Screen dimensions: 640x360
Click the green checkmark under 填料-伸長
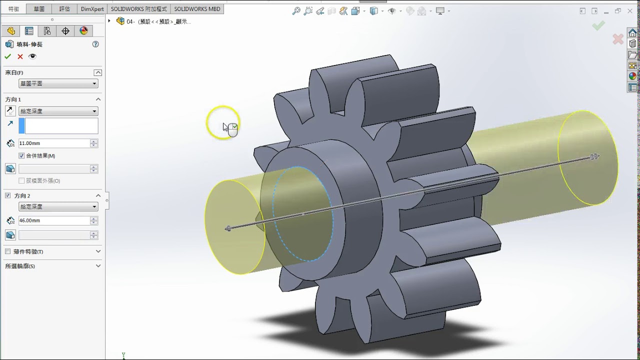pos(7,56)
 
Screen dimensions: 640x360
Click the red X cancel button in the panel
pos(20,56)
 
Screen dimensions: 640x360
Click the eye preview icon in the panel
pos(32,56)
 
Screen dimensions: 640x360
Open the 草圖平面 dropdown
pos(58,83)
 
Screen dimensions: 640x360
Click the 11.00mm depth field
pos(54,143)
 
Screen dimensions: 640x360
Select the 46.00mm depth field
pos(54,220)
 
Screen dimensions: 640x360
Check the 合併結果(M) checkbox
pos(21,155)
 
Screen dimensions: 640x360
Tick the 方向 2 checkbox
pos(7,195)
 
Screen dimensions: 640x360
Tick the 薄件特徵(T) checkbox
pos(7,251)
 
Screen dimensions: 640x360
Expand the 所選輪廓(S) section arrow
pos(98,265)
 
